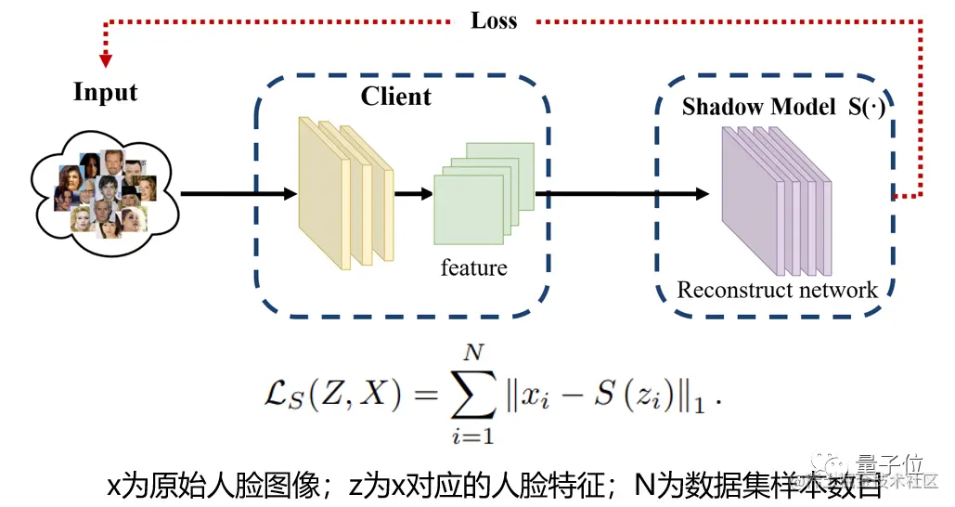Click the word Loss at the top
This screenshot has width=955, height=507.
point(493,20)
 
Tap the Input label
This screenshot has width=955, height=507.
point(105,93)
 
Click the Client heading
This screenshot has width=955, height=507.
point(395,97)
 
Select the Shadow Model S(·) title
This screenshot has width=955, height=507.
point(783,107)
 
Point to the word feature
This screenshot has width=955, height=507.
point(473,268)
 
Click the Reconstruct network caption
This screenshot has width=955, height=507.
point(777,290)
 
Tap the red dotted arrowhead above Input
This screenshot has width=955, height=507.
point(106,59)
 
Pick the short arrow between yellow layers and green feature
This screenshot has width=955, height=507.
point(413,194)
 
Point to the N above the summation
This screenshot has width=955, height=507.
point(475,352)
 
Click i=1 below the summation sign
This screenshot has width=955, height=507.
point(474,434)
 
